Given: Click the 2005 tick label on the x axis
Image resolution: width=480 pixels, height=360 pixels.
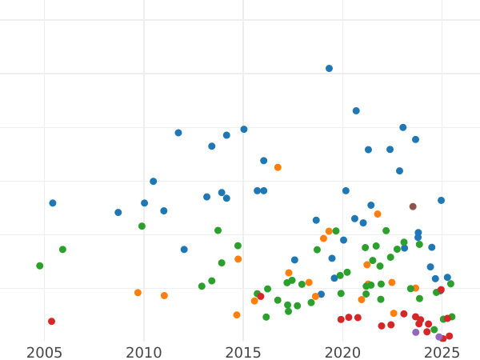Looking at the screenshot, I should click(44, 353).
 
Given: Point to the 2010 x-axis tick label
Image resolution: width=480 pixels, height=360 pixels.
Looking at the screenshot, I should click(144, 353).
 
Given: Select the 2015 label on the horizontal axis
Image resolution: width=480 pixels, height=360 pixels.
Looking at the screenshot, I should click(243, 353).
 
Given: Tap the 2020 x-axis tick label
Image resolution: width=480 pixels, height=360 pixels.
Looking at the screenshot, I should click(342, 353).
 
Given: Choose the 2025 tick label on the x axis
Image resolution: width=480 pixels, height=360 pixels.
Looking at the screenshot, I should click(442, 353).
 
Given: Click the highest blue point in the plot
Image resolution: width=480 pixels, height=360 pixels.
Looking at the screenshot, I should click(329, 69).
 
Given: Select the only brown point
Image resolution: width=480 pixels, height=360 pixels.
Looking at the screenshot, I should click(413, 206).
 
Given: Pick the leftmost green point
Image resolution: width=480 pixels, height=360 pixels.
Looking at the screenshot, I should click(39, 266).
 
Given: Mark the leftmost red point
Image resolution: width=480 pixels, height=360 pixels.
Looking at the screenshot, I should click(51, 322).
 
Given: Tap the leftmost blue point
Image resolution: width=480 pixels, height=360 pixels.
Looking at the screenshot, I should click(53, 203).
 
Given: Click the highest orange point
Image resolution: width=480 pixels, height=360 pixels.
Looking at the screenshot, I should click(278, 167).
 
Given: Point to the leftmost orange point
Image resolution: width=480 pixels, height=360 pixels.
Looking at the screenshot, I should click(138, 293).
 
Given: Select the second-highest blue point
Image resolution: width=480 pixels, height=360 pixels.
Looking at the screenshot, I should click(356, 111).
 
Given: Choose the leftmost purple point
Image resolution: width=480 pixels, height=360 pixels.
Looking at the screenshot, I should click(416, 332).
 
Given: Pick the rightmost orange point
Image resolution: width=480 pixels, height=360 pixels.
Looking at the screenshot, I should click(415, 288).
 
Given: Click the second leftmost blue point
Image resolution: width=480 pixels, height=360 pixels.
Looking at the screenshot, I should click(118, 213).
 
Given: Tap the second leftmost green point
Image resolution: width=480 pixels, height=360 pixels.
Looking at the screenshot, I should click(62, 250).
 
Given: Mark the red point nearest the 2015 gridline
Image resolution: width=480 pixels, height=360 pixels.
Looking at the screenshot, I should click(261, 297).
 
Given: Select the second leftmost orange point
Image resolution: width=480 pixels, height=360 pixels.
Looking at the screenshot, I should click(164, 296).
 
